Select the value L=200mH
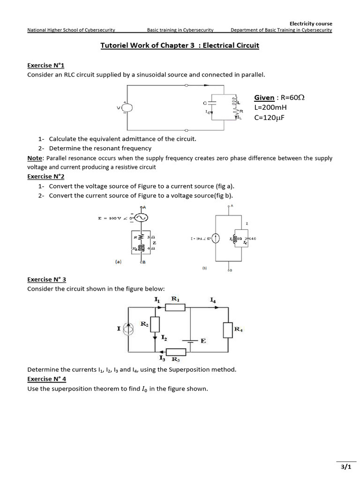pyautogui.click(x=270, y=107)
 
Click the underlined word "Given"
pyautogui.click(x=264, y=97)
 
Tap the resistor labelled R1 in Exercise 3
pyautogui.click(x=175, y=307)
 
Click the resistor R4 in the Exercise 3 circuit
pyautogui.click(x=228, y=330)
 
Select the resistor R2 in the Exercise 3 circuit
pyautogui.click(x=155, y=324)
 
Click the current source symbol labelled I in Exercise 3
pyautogui.click(x=128, y=330)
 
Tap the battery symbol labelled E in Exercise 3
pyautogui.click(x=190, y=340)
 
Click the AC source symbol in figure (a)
pyautogui.click(x=141, y=217)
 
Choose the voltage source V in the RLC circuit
pyautogui.click(x=127, y=108)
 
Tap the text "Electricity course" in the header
pyautogui.click(x=310, y=23)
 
